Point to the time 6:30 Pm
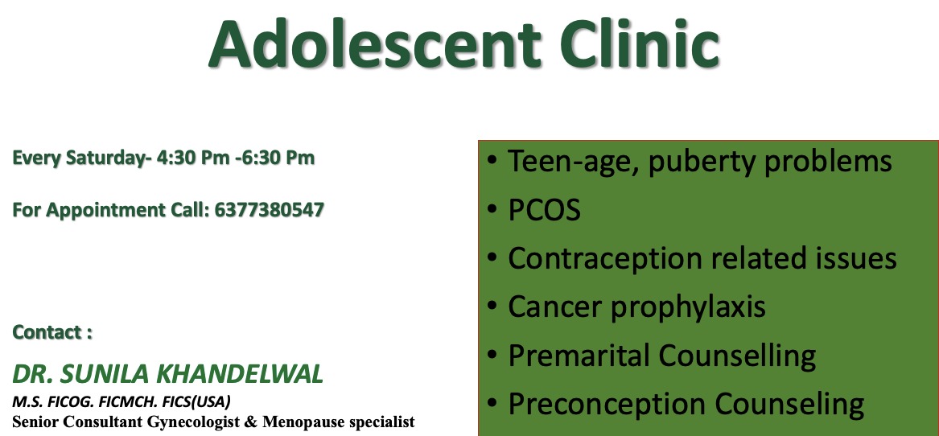tap(278, 158)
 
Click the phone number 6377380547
tap(269, 210)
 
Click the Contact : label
tap(52, 331)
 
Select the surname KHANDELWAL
tap(240, 374)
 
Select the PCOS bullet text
tap(545, 210)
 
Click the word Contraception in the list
tap(605, 259)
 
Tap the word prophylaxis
tap(688, 307)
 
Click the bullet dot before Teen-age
tap(492, 161)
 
